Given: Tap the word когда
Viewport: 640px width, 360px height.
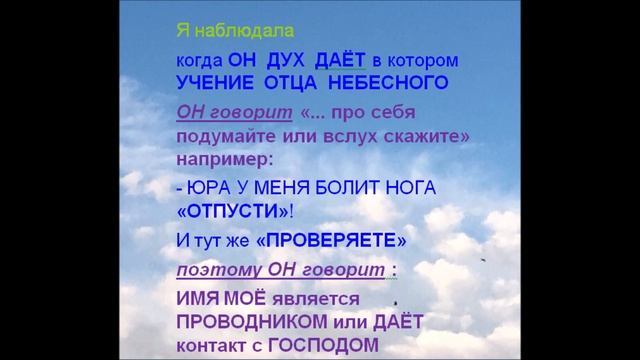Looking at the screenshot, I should [196, 60].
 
